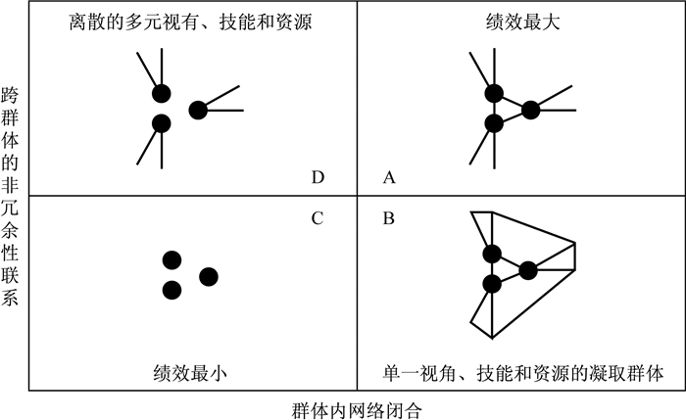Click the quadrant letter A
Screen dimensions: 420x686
point(389,177)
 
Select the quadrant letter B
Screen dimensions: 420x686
point(389,217)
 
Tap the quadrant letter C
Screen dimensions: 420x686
point(317,217)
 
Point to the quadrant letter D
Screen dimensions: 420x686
point(317,177)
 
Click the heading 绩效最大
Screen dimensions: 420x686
point(520,21)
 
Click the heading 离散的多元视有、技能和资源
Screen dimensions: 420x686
point(191,21)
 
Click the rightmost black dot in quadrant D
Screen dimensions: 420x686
point(198,110)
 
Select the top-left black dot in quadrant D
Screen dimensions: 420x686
point(162,94)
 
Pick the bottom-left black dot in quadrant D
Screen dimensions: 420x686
point(162,123)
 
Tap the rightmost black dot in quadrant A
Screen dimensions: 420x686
point(530,110)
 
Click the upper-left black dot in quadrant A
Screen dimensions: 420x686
point(494,94)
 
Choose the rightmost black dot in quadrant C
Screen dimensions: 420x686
point(208,276)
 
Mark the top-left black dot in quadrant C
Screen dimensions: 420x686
point(172,259)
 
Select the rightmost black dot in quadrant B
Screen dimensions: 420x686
point(528,269)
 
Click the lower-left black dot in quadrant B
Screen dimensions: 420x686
point(492,284)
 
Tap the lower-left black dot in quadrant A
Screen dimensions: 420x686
point(494,123)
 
